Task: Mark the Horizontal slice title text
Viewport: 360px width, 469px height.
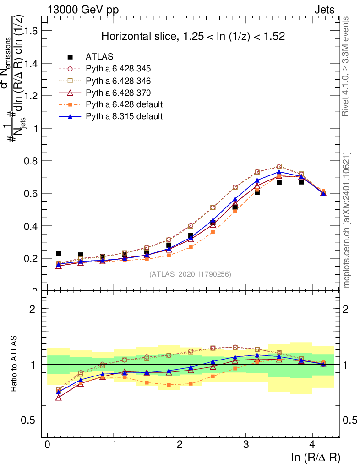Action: [x=193, y=37]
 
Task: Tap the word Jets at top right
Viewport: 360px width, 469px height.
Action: [x=324, y=10]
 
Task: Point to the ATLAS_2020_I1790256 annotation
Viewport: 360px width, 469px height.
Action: [x=190, y=274]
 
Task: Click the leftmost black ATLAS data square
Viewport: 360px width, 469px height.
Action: [x=58, y=253]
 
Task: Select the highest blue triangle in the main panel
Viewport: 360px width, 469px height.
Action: [x=279, y=172]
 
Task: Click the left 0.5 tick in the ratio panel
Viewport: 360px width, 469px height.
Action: [x=33, y=420]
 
